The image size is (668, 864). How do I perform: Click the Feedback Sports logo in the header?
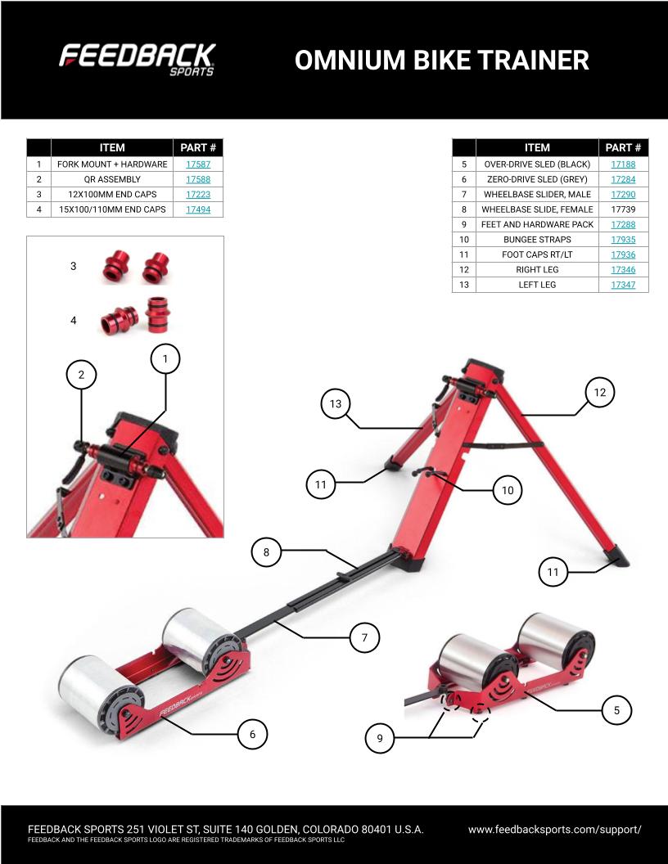137,60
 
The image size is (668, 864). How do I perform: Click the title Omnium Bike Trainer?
442,60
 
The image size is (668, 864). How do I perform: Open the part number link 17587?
198,164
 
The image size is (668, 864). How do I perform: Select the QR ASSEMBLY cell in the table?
112,179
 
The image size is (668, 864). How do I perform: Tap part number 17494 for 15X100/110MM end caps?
198,209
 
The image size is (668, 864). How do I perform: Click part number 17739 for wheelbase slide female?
623,209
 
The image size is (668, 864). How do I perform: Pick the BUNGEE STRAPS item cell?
537,240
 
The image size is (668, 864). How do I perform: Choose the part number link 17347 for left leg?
623,285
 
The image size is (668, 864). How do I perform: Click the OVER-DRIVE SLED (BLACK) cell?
537,164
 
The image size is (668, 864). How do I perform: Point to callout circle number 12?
600,393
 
